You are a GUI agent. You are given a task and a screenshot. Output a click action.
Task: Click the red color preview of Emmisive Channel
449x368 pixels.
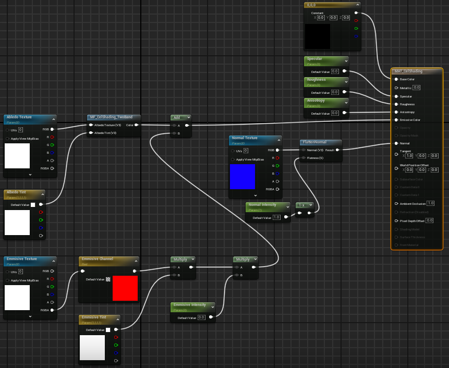(x=125, y=288)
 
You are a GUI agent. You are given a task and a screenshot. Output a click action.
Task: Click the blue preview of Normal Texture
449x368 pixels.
(x=242, y=177)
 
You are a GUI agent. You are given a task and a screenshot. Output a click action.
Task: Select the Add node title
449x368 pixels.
(x=177, y=117)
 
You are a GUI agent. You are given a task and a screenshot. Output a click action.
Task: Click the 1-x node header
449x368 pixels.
(x=301, y=205)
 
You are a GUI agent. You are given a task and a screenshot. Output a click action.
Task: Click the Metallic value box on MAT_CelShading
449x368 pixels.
(x=417, y=88)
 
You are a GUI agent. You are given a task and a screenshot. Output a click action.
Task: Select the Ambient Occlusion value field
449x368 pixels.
(x=430, y=203)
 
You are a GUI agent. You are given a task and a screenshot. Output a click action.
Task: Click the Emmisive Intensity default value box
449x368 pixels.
(x=201, y=317)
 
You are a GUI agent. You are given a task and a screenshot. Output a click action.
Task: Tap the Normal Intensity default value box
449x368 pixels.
(x=276, y=217)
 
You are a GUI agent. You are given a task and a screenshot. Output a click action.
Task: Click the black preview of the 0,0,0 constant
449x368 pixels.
(x=317, y=36)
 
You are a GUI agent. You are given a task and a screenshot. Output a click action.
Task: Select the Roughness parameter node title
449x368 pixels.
(x=317, y=80)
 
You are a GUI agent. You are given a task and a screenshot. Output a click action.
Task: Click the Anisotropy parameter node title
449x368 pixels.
(x=316, y=100)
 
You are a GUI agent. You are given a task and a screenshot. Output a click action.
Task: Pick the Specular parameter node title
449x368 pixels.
(x=314, y=59)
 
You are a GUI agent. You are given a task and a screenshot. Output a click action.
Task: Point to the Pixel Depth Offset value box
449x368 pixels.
(x=430, y=220)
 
